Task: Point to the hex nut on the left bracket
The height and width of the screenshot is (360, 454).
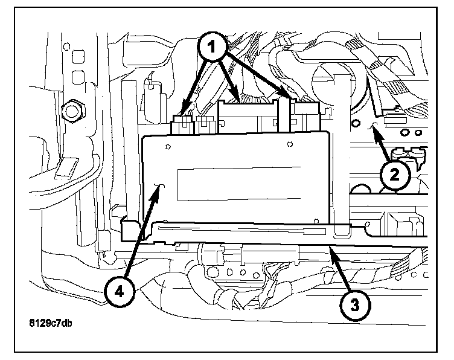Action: tap(72, 110)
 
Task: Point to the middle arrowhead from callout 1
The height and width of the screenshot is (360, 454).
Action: tap(240, 98)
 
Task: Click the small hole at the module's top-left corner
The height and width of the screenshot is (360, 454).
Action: tap(167, 146)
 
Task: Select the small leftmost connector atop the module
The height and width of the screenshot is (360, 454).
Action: tap(181, 125)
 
